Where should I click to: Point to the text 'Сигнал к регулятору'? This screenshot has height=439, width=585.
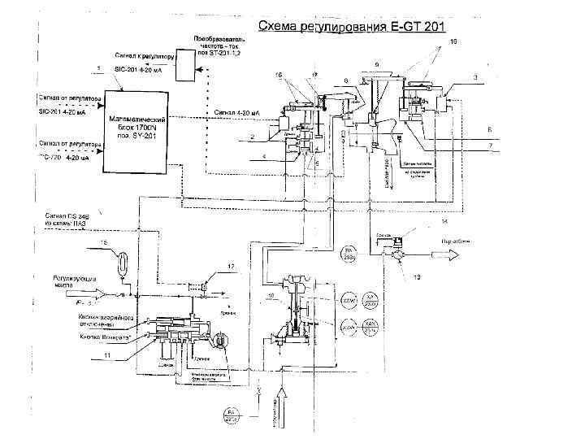coord(141,55)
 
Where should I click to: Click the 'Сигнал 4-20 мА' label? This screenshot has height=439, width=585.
coord(237,112)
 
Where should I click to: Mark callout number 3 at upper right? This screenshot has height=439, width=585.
coord(474,76)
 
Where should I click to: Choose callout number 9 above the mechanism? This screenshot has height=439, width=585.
coord(376,64)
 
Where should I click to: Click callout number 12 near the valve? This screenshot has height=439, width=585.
coord(231,267)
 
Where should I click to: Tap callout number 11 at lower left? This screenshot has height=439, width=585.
coord(107,357)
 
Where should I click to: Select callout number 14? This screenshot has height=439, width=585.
coord(444,221)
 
